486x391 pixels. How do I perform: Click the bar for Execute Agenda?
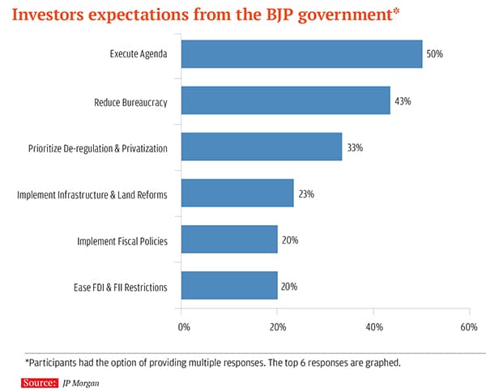[x=301, y=54]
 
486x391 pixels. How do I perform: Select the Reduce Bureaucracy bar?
[x=285, y=100]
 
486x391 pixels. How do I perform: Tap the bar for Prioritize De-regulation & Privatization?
[x=261, y=147]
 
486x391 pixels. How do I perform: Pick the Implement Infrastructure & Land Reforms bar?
[x=237, y=193]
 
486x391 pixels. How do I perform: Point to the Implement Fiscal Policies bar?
[x=228, y=240]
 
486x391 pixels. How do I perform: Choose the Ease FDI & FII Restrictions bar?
[x=228, y=286]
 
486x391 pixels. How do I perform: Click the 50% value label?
[x=435, y=54]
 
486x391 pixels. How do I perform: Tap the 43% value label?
[x=403, y=101]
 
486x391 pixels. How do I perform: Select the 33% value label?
[x=354, y=147]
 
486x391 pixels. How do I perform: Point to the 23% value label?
[x=305, y=194]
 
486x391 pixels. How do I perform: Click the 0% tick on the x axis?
[x=184, y=327]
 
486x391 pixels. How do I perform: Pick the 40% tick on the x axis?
[x=373, y=327]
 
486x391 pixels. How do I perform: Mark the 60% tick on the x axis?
[x=468, y=327]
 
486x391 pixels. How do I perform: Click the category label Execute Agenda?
[x=139, y=54]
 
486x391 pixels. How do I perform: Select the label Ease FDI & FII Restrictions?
[x=120, y=287]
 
